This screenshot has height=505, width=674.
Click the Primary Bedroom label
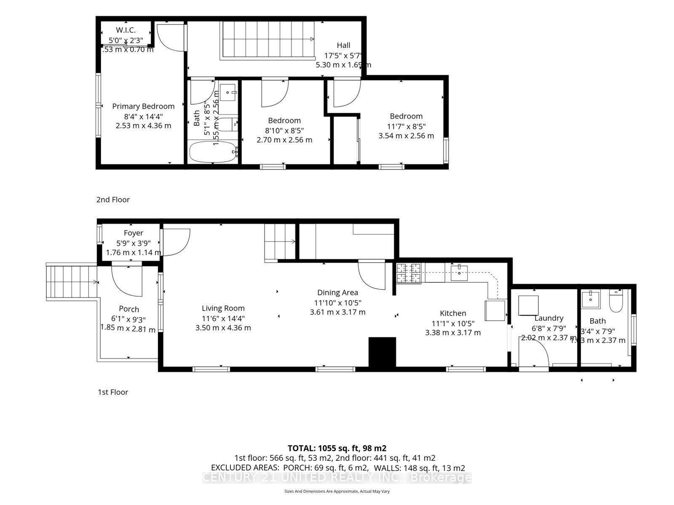pyautogui.click(x=143, y=106)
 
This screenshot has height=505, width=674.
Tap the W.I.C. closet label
pyautogui.click(x=126, y=30)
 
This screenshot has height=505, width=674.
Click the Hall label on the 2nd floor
pyautogui.click(x=343, y=45)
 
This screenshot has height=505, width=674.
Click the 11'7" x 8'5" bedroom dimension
pyautogui.click(x=406, y=126)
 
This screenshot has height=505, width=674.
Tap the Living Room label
pyautogui.click(x=223, y=308)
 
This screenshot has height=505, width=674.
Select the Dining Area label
pyautogui.click(x=337, y=292)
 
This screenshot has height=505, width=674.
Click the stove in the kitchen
pyautogui.click(x=408, y=273)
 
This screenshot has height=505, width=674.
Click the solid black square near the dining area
pyautogui.click(x=382, y=352)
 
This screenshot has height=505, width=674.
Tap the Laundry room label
pyautogui.click(x=548, y=319)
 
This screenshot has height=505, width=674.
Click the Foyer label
pyautogui.click(x=134, y=233)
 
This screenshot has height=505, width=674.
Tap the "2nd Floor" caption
pyautogui.click(x=113, y=200)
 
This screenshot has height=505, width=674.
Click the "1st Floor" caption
pyautogui.click(x=113, y=392)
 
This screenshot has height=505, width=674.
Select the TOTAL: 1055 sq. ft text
pyautogui.click(x=337, y=448)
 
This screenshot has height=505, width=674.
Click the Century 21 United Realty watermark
pyautogui.click(x=337, y=478)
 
